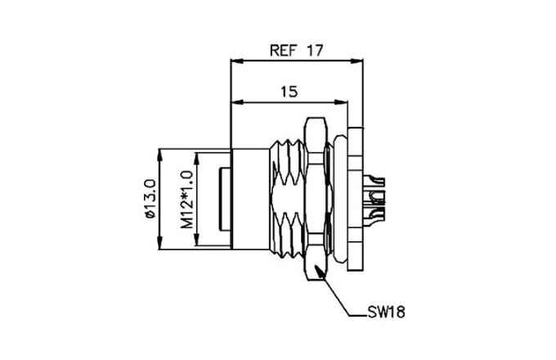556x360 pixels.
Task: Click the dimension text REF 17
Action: pyautogui.click(x=296, y=49)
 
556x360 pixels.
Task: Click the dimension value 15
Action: pyautogui.click(x=288, y=92)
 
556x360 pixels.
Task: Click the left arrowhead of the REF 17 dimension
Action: pyautogui.click(x=235, y=60)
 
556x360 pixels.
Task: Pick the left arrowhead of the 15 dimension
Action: pyautogui.click(x=235, y=102)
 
